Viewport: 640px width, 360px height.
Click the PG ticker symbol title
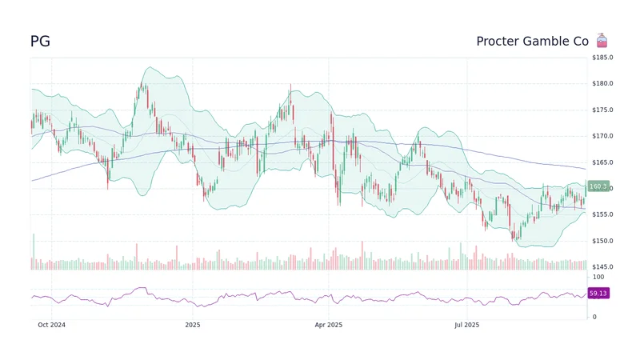[40, 42]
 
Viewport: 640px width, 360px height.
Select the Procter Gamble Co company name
[532, 42]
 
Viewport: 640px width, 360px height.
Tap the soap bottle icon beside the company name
[602, 41]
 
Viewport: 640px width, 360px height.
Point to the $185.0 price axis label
[602, 58]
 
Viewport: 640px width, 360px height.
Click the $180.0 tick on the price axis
[602, 84]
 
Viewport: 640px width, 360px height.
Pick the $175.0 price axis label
[602, 110]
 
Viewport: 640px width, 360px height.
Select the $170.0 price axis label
[602, 136]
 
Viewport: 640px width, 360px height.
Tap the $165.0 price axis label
[602, 162]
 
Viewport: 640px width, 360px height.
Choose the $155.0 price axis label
[602, 214]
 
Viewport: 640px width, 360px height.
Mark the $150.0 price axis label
[602, 241]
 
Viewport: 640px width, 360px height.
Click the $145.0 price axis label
[602, 266]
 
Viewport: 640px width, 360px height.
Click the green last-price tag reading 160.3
[598, 187]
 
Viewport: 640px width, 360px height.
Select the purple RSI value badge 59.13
[598, 294]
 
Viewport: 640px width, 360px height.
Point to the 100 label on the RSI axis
[598, 277]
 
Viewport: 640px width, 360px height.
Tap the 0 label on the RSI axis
[594, 317]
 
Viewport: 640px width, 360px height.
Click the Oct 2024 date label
[51, 325]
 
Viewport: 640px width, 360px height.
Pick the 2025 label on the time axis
[192, 325]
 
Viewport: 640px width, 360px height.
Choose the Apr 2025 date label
[328, 325]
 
